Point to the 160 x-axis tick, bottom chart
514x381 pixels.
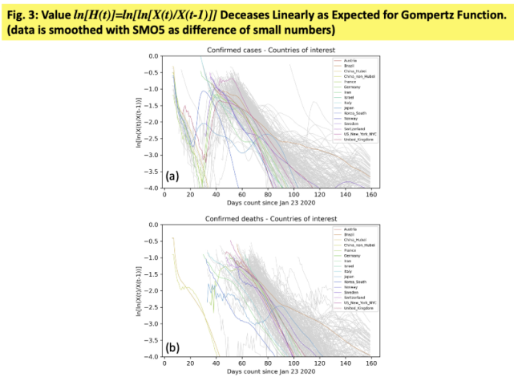[370, 363]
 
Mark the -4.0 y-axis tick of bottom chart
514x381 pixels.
[152, 356]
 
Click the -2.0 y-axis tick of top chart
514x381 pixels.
[152, 122]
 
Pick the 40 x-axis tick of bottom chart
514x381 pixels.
[216, 363]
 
